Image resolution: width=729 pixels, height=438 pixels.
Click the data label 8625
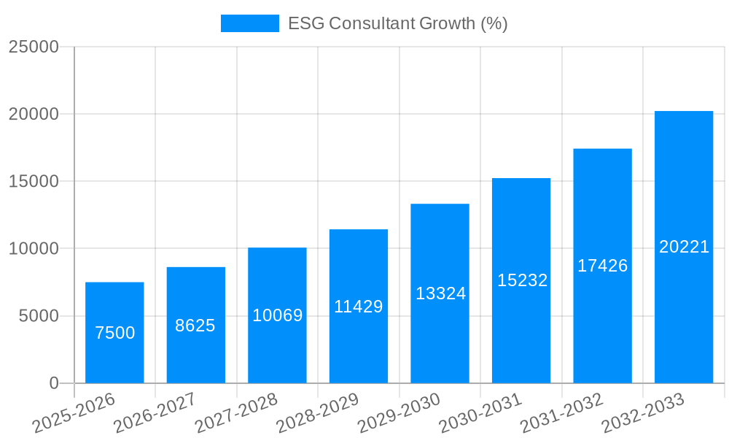195,326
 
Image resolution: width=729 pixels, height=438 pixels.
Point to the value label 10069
278,315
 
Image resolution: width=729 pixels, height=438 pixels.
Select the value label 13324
440,293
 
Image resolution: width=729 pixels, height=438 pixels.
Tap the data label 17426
603,266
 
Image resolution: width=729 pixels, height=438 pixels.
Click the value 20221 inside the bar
684,247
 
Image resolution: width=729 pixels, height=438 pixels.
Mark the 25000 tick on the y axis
34,47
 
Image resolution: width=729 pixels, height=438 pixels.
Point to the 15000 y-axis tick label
34,181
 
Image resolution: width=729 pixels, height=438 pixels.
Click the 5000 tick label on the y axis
39,316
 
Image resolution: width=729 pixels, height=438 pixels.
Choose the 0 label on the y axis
54,383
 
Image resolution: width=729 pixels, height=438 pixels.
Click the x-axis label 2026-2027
155,413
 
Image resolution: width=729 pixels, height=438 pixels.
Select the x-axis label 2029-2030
399,413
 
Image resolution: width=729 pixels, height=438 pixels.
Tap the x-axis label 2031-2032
561,413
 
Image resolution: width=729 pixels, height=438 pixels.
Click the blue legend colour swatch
250,23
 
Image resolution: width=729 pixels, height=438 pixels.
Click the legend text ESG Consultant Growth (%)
397,23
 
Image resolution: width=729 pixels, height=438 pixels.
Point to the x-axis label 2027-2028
236,413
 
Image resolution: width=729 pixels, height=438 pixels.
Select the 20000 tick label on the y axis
34,114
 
